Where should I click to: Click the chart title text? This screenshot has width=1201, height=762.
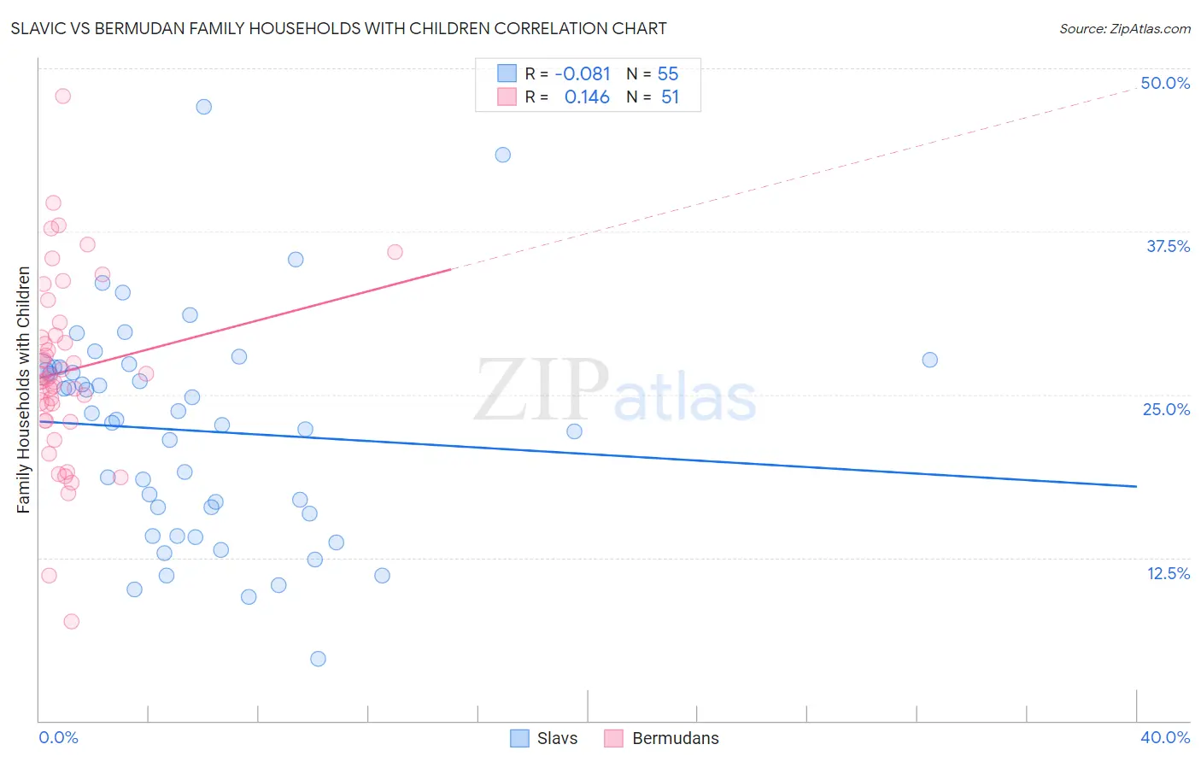pyautogui.click(x=339, y=28)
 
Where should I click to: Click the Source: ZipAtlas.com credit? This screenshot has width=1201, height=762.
pyautogui.click(x=1124, y=28)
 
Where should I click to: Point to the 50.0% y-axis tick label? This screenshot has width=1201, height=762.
pyautogui.click(x=1165, y=83)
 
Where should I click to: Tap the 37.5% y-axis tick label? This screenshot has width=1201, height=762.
pyautogui.click(x=1168, y=246)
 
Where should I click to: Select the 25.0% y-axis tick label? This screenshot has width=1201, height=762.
pyautogui.click(x=1166, y=409)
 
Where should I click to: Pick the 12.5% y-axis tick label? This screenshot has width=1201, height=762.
pyautogui.click(x=1168, y=573)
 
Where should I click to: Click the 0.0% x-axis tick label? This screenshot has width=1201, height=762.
pyautogui.click(x=58, y=737)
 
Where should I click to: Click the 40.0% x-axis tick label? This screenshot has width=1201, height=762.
pyautogui.click(x=1164, y=737)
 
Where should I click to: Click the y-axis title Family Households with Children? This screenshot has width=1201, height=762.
pyautogui.click(x=24, y=390)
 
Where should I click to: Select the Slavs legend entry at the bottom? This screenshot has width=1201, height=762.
pyautogui.click(x=543, y=738)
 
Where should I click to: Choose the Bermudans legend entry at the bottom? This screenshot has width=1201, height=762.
pyautogui.click(x=661, y=738)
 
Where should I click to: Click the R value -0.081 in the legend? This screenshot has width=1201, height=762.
pyautogui.click(x=583, y=74)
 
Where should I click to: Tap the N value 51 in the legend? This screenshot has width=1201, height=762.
pyautogui.click(x=670, y=97)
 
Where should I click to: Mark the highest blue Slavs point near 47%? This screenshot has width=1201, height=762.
pyautogui.click(x=203, y=107)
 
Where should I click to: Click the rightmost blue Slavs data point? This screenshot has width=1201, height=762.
pyautogui.click(x=929, y=360)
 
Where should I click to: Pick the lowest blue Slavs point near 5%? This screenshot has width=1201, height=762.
pyautogui.click(x=318, y=659)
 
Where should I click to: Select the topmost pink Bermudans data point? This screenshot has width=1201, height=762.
pyautogui.click(x=62, y=96)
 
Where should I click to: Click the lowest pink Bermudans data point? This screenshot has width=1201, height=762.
pyautogui.click(x=72, y=621)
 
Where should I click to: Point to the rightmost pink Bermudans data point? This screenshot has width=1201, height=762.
pyautogui.click(x=395, y=252)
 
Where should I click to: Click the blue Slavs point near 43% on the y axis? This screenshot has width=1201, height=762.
pyautogui.click(x=503, y=155)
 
